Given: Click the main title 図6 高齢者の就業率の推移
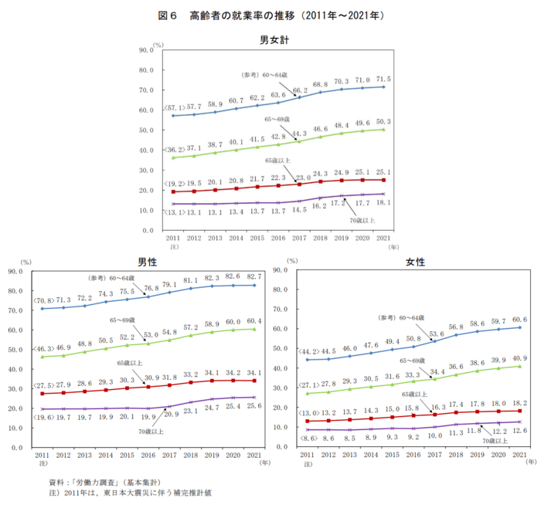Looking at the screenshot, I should [x=270, y=15].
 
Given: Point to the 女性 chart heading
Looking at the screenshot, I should [x=415, y=262].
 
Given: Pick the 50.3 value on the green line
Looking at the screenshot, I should [x=383, y=122].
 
